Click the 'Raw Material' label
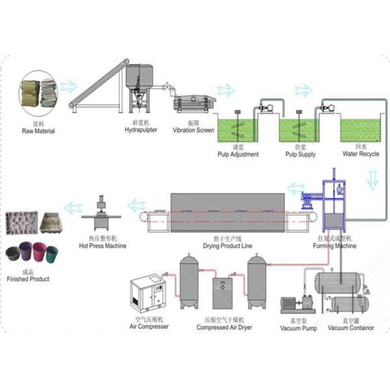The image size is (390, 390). click(38, 131)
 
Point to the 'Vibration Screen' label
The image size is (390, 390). click(193, 130)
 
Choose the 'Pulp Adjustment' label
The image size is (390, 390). click(238, 155)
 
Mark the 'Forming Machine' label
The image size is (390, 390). click(335, 246)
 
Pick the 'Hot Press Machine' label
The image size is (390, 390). click(103, 246)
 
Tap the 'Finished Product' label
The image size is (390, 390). click(29, 279)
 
